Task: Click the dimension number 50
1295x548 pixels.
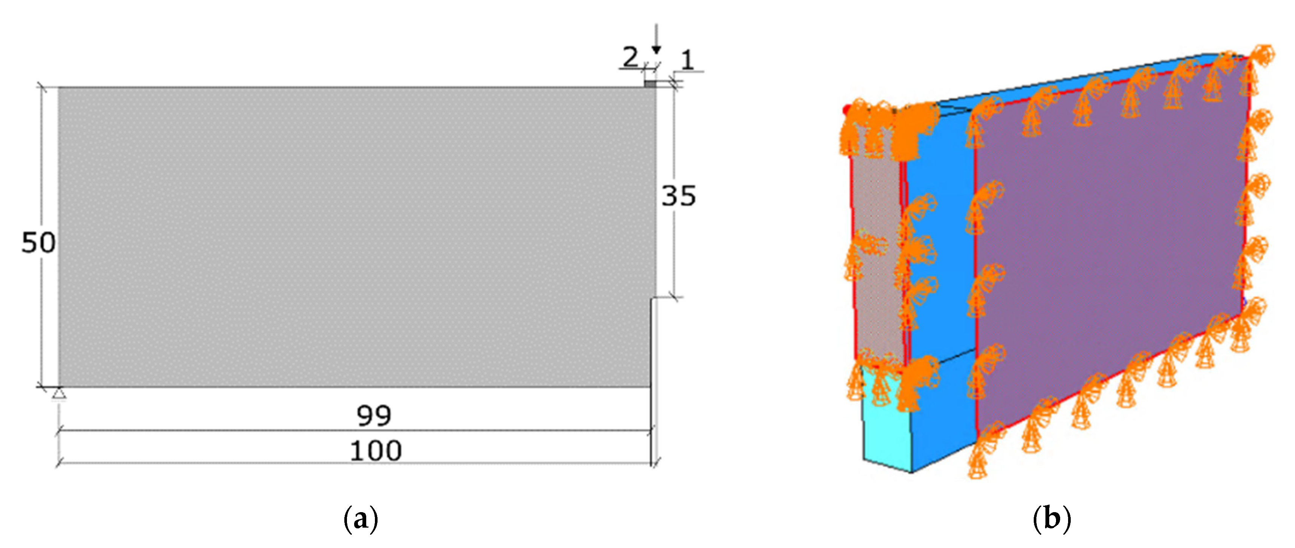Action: (x=38, y=243)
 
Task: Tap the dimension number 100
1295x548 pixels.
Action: (x=376, y=451)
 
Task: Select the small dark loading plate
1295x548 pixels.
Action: (x=651, y=84)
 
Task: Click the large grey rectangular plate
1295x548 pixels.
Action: (x=352, y=236)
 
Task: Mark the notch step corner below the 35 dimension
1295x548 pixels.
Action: (x=652, y=300)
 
